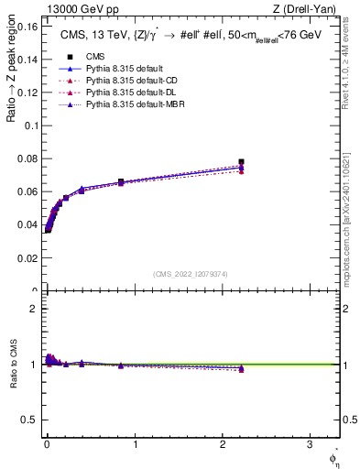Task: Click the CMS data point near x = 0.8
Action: point(121,181)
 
